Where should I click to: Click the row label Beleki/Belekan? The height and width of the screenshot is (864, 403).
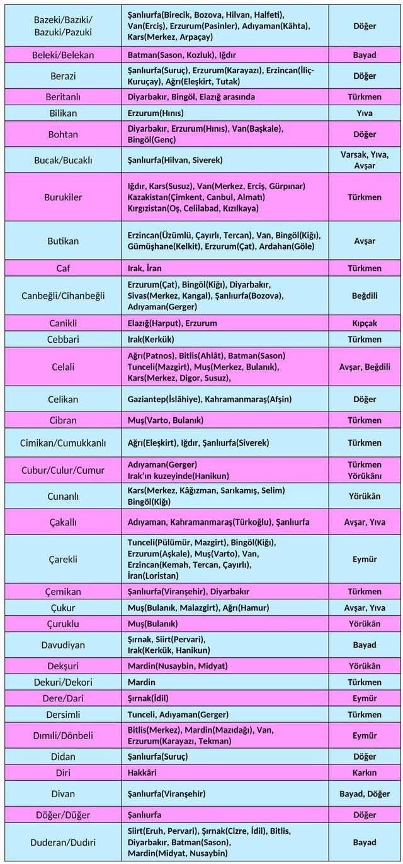63,55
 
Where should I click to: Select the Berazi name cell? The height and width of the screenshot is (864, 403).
63,76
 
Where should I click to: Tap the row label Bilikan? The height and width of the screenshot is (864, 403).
63,113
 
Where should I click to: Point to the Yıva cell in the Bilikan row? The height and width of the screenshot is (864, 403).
365,113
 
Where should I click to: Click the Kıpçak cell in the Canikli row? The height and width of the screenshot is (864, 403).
365,323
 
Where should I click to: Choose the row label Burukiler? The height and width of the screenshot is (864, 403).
63,197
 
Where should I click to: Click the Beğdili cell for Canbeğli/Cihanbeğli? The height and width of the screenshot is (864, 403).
365,296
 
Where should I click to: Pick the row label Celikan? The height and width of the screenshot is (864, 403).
63,400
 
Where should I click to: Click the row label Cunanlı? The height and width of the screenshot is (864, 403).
63,497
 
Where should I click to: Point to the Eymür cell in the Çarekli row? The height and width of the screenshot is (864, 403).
365,559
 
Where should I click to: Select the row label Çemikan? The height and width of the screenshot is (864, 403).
63,592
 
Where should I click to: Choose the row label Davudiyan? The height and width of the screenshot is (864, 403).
63,645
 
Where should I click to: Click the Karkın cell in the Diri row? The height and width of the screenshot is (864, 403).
365,773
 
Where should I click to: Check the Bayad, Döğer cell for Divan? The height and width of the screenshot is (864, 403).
365,793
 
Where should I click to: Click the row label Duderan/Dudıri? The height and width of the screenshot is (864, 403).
63,843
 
